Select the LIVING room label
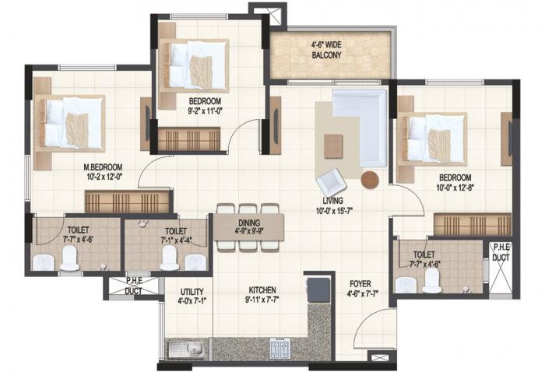334,200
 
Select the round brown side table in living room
370,180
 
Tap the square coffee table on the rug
334,145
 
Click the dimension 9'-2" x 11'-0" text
206,111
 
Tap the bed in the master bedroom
74,122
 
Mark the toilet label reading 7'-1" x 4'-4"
176,236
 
